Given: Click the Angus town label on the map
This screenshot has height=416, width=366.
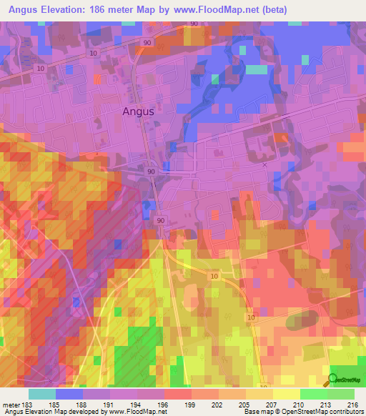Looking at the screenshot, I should (138, 112).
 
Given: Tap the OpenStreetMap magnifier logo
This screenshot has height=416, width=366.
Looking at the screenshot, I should (333, 380).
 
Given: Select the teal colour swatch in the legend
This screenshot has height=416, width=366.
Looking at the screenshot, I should (42, 394).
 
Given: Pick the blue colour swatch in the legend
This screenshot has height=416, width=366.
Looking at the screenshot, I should (69, 394).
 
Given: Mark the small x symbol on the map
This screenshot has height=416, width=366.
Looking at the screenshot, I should (264, 164).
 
